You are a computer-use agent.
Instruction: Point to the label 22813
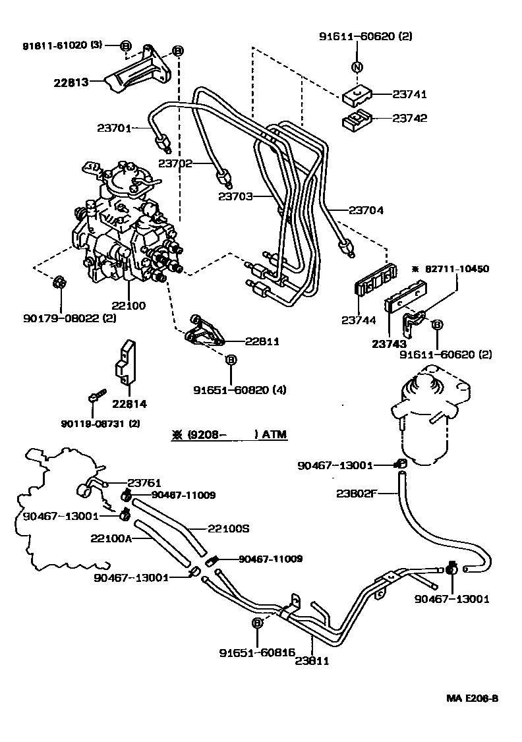coord(72,83)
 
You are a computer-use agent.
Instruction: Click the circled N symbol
coord(356,67)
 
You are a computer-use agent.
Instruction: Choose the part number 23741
coord(410,95)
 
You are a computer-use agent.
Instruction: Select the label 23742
coord(410,119)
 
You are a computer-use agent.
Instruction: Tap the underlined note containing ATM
coord(229,435)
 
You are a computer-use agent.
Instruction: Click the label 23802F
coord(356,494)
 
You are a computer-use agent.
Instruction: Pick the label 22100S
coord(229,528)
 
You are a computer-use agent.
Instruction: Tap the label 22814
coord(129,404)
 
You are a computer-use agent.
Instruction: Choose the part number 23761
coord(144,483)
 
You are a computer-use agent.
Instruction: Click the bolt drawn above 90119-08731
coord(96,397)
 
